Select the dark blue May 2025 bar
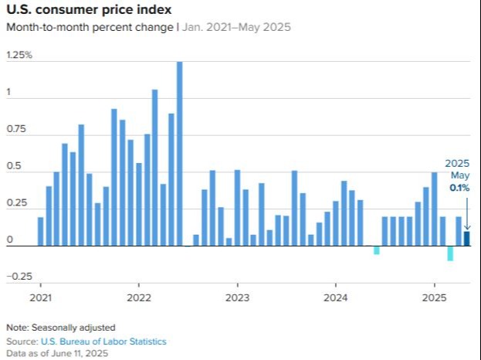(x=466, y=239)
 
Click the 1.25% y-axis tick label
(x=19, y=56)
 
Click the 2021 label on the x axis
(x=40, y=297)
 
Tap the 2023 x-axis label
(x=237, y=297)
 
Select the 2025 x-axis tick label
(x=434, y=297)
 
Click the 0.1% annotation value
(x=459, y=188)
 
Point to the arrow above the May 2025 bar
(x=466, y=211)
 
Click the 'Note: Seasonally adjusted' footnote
(x=60, y=328)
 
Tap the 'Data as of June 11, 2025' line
(x=57, y=354)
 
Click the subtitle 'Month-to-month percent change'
(x=89, y=27)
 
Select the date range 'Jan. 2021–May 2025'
(x=236, y=27)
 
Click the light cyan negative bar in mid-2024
(x=376, y=250)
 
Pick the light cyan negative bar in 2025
(x=450, y=253)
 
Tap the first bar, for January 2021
(x=41, y=231)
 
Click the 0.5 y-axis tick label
(x=14, y=166)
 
